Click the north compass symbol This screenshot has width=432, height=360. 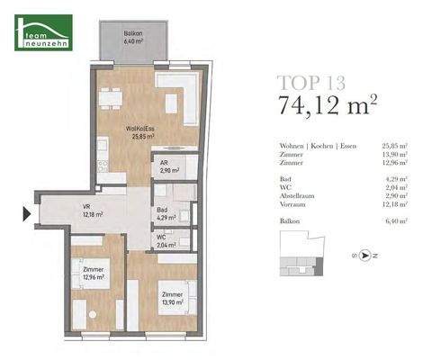364,255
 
